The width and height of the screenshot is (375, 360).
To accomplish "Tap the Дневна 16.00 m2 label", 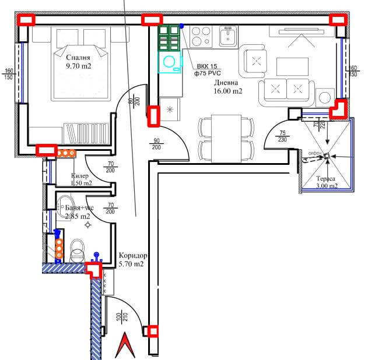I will (227, 87).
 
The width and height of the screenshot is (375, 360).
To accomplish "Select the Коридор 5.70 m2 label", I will (131, 260).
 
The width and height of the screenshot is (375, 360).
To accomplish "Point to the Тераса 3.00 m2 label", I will (327, 182).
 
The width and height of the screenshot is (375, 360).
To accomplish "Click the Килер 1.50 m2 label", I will (81, 179).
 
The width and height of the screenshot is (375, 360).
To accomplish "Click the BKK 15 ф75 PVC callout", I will (207, 70).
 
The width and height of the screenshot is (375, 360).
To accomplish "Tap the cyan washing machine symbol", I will (170, 62).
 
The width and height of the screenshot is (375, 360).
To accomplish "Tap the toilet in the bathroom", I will (76, 251).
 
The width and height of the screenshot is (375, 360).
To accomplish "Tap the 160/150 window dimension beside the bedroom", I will (9, 73).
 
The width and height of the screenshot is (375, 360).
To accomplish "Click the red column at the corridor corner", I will (92, 270).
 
